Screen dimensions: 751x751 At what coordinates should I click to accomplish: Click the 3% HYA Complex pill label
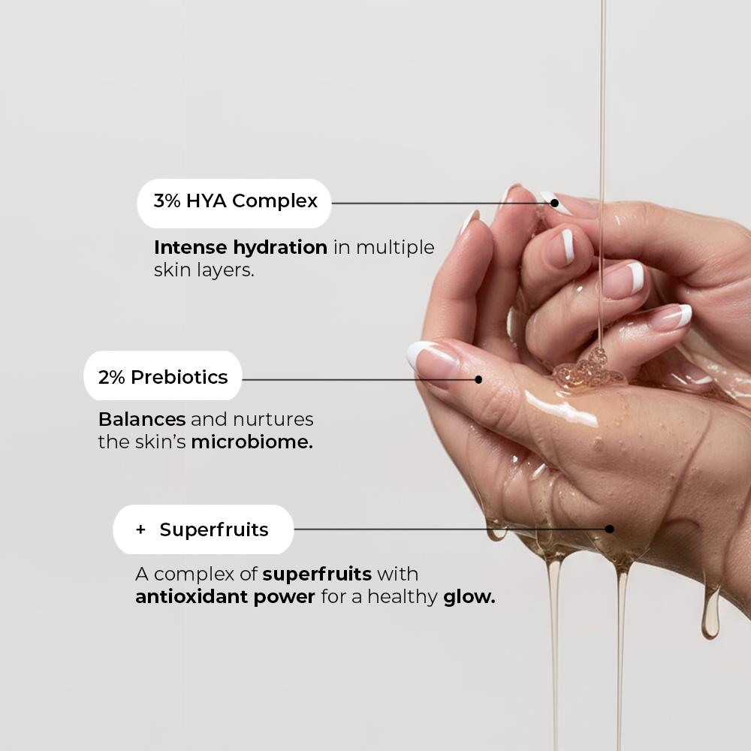pos(234,202)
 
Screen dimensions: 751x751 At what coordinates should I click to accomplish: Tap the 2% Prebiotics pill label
pos(163,376)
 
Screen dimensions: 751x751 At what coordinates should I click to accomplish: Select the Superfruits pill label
pos(202,529)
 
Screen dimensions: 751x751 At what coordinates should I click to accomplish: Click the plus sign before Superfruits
pos(140,529)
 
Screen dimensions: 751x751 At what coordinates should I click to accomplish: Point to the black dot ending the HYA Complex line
pos(554,203)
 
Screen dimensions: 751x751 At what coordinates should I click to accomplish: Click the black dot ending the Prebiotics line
pos(478,379)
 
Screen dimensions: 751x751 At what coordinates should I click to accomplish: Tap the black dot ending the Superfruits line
pos(609,529)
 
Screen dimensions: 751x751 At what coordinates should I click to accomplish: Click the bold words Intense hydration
pos(240,247)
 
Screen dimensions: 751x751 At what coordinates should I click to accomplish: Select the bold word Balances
pos(142,418)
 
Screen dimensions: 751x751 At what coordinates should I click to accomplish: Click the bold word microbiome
pos(252,442)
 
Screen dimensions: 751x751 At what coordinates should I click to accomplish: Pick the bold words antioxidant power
pos(225,598)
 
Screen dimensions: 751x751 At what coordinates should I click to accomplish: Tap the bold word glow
pos(469,598)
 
